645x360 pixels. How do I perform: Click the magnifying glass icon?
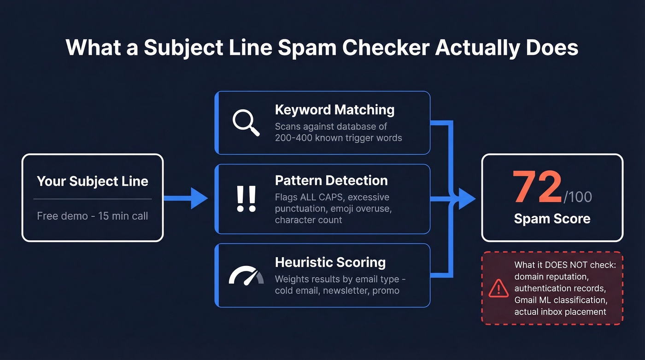[246, 122]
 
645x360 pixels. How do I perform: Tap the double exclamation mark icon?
[246, 199]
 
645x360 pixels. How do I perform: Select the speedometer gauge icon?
[246, 276]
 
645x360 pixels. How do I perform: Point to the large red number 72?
[537, 188]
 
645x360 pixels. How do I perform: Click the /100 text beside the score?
[578, 196]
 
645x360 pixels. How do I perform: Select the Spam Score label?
[552, 218]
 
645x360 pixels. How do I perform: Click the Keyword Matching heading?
[334, 110]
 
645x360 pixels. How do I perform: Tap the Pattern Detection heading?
[331, 180]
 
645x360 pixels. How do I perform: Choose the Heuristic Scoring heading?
[330, 262]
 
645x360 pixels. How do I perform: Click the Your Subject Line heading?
[93, 181]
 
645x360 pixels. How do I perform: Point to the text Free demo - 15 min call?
[93, 216]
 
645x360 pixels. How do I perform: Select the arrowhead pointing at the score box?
[467, 199]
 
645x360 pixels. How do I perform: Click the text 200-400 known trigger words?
[338, 138]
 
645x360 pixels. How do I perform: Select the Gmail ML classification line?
[561, 300]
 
